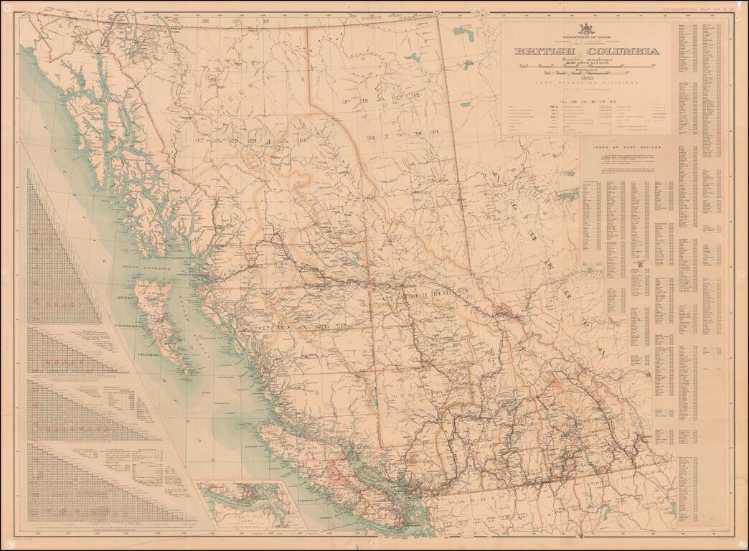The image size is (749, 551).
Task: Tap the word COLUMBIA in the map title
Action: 623,52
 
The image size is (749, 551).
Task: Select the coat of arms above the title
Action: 586,29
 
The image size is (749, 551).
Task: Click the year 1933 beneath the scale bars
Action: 586,77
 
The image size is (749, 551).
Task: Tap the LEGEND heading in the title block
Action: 586,103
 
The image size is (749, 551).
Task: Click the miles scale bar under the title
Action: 586,66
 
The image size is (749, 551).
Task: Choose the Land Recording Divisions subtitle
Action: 586,84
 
